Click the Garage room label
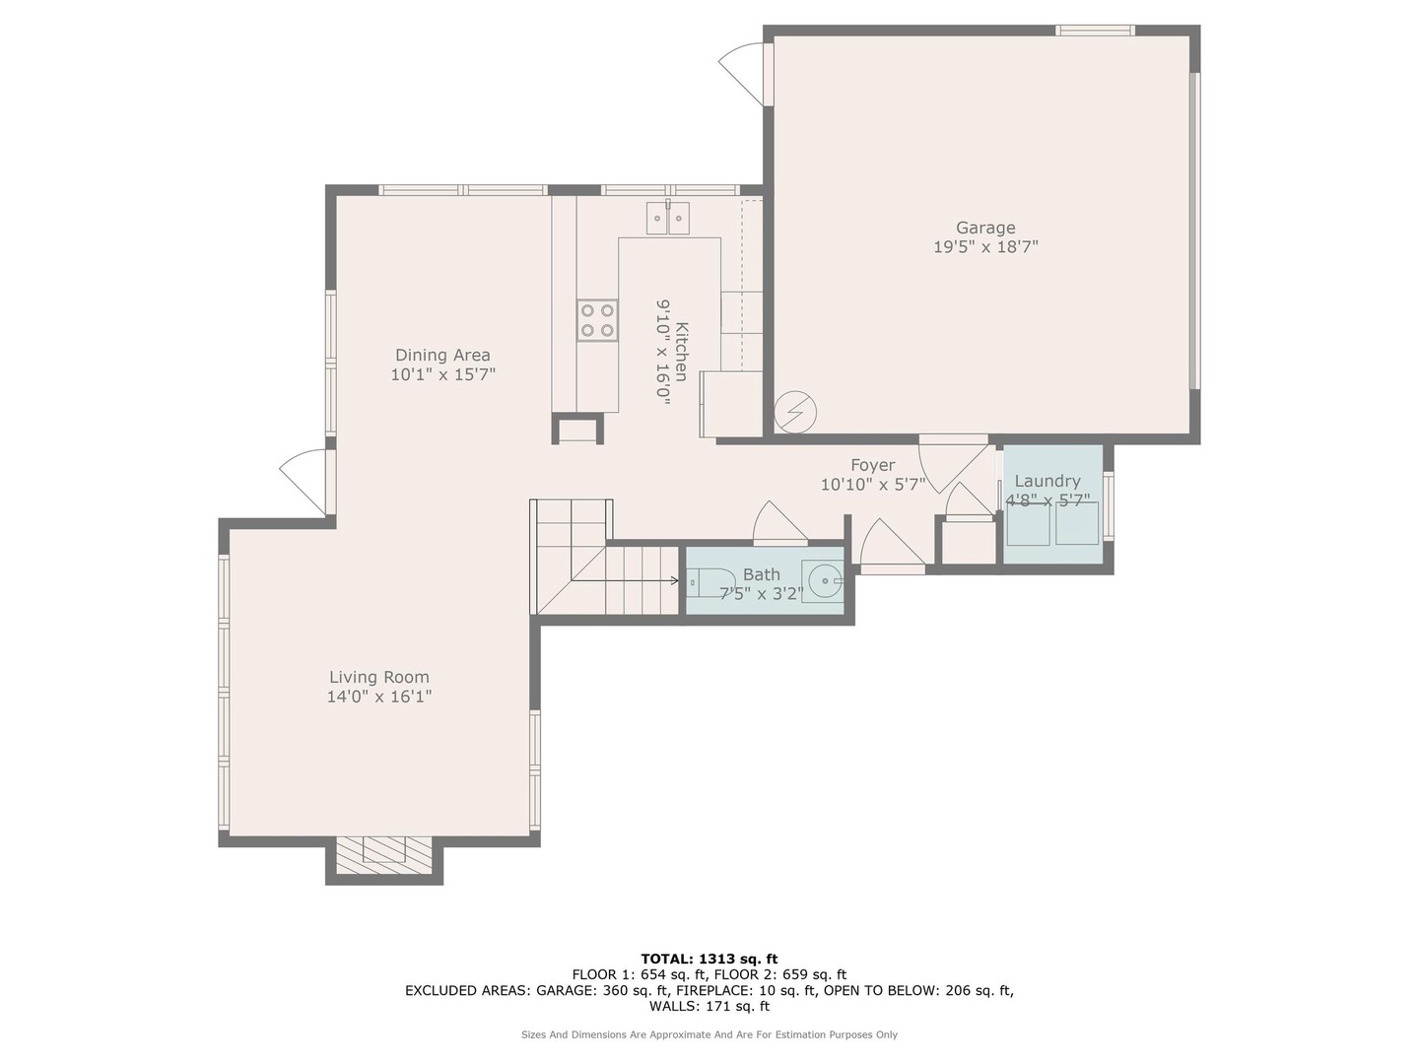tap(984, 228)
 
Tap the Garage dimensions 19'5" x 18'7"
tap(985, 246)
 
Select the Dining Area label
tap(442, 355)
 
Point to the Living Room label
tap(378, 677)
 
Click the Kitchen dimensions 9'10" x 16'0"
tap(662, 352)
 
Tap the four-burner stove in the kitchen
tap(597, 320)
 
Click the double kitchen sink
tap(668, 218)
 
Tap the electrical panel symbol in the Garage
tap(795, 412)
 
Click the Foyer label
tap(873, 465)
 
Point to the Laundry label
tap(1047, 481)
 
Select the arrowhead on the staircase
tap(675, 581)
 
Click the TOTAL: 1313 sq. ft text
tap(709, 959)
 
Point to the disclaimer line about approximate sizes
tap(709, 1034)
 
